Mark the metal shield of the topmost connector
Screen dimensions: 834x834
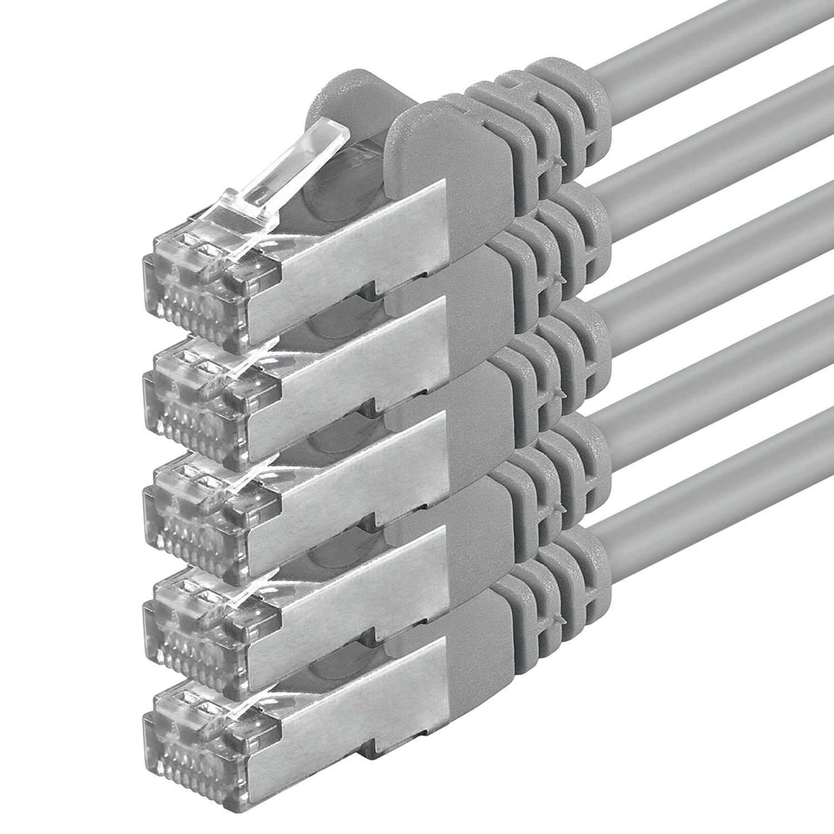pos(356,234)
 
